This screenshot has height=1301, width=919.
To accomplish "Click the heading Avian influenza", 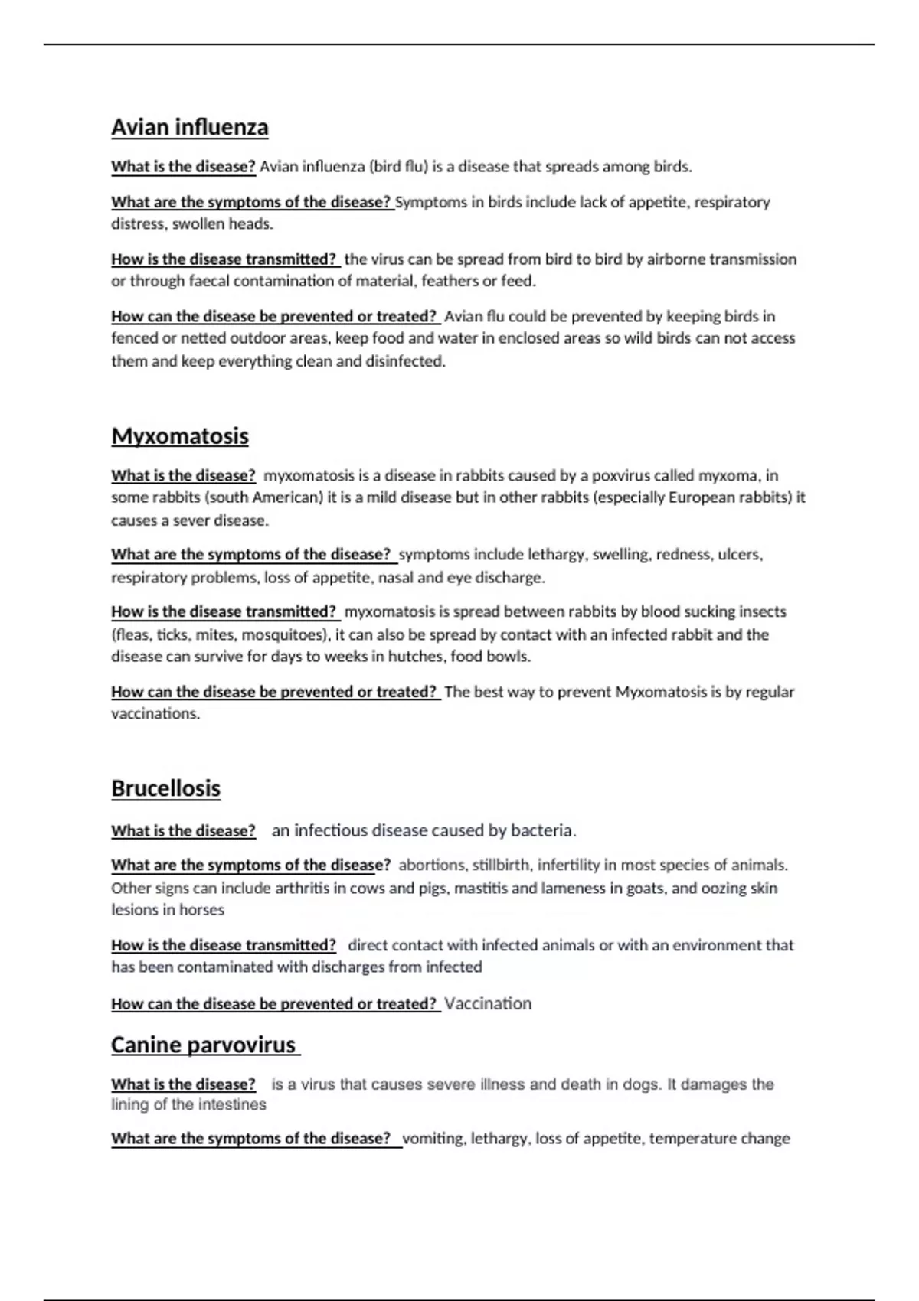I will [x=189, y=127].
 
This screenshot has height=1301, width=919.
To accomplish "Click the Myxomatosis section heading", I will [x=180, y=436].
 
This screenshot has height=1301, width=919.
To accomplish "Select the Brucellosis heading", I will [x=165, y=788].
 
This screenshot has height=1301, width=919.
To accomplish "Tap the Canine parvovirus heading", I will [x=204, y=1045].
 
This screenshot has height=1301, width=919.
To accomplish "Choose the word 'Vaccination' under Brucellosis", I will [x=488, y=1003].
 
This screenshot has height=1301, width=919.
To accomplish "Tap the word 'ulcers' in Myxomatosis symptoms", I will [x=738, y=554].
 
